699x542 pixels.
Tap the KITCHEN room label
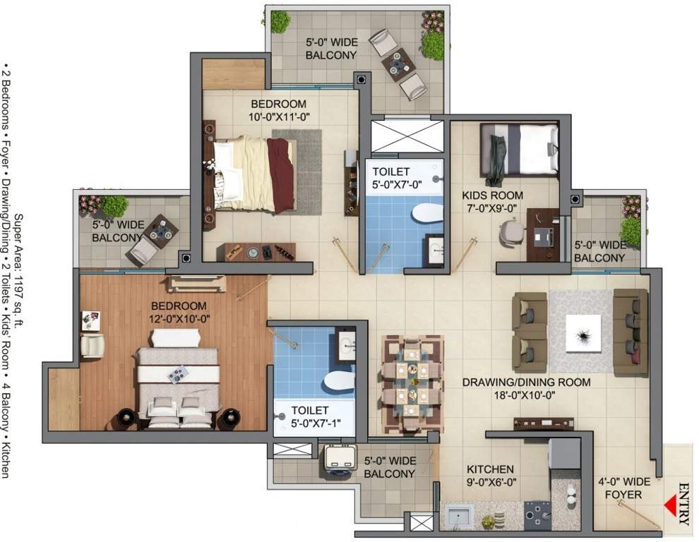[490, 469]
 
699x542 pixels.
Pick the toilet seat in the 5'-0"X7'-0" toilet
[426, 212]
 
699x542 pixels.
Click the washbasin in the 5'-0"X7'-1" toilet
[346, 346]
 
